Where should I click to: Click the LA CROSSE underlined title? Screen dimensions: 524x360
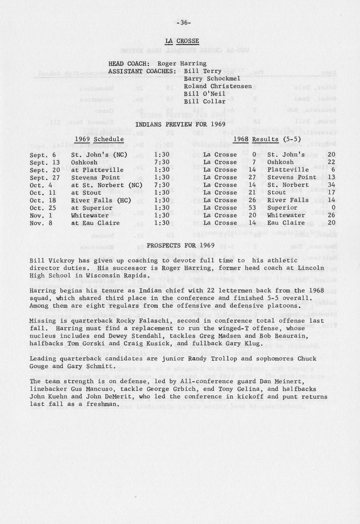(182, 41)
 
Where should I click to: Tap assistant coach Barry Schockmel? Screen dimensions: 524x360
(212, 79)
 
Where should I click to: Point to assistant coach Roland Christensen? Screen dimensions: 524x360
(218, 86)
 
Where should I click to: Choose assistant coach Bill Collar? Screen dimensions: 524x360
(204, 101)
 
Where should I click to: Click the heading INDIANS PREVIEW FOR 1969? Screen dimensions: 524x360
(180, 124)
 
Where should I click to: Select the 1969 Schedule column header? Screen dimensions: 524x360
(99, 139)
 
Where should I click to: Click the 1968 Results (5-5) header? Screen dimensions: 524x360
(267, 139)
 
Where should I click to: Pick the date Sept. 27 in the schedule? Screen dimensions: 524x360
(45, 177)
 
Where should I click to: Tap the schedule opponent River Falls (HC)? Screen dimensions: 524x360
(101, 200)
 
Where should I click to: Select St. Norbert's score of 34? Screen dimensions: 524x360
(331, 185)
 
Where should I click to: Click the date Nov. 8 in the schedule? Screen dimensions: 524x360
(43, 223)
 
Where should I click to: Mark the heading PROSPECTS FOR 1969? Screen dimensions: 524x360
(180, 245)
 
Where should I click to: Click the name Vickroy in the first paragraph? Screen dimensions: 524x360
(62, 260)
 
